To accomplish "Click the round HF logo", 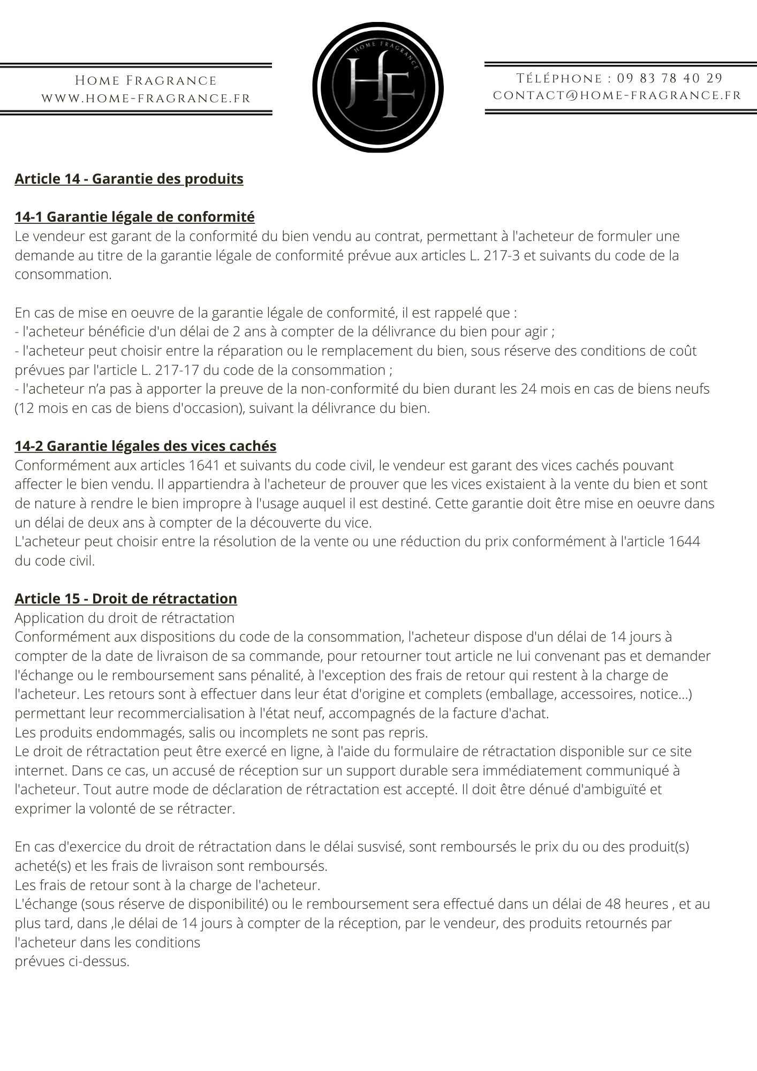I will (x=378, y=87).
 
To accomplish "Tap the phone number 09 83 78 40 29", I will (x=670, y=79).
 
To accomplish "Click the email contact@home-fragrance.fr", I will (x=617, y=95).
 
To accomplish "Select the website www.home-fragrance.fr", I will (x=146, y=99).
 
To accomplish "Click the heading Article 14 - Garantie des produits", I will (x=129, y=178).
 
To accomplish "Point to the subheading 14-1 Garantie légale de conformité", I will (x=134, y=217).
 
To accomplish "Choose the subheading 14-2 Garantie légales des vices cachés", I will (x=146, y=446).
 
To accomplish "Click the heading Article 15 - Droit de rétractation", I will (x=126, y=599).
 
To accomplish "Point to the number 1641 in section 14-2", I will (x=206, y=465).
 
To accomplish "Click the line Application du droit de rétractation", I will (x=124, y=618).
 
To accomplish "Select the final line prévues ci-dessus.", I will (x=72, y=961).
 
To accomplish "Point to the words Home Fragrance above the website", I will (x=146, y=81).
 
